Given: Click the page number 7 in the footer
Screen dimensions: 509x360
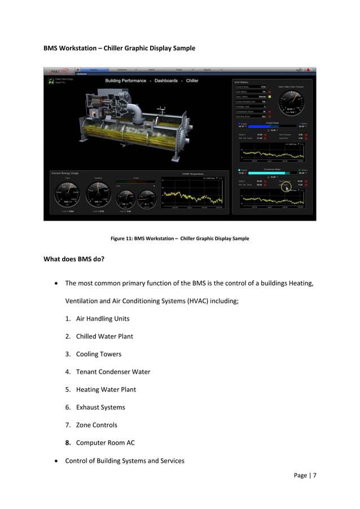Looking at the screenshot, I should click(x=314, y=475).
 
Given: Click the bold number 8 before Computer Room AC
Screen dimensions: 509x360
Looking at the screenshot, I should click(x=68, y=442).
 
